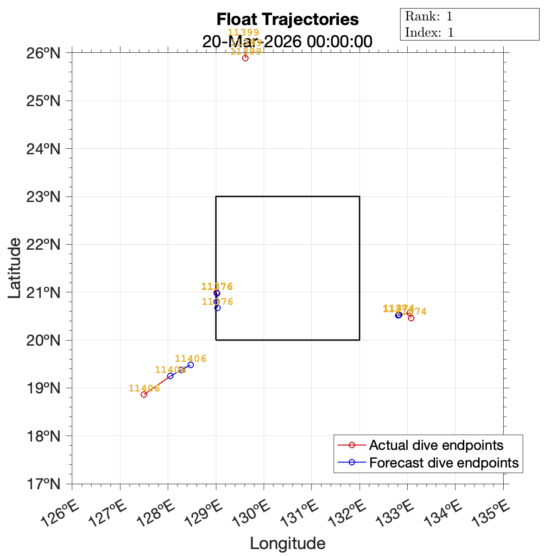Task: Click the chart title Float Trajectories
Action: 287,19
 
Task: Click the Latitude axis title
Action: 15,268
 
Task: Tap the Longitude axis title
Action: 287,543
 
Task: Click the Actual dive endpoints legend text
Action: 436,445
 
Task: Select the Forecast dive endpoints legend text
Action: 444,462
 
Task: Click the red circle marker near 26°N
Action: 245,58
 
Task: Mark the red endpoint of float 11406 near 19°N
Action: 144,394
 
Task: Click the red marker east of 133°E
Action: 411,318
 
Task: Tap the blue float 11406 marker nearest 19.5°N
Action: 190,365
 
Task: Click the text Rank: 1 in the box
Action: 429,17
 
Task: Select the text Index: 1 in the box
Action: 429,32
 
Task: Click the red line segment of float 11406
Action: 157,385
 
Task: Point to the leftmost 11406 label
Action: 144,388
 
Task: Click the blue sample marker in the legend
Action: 352,462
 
